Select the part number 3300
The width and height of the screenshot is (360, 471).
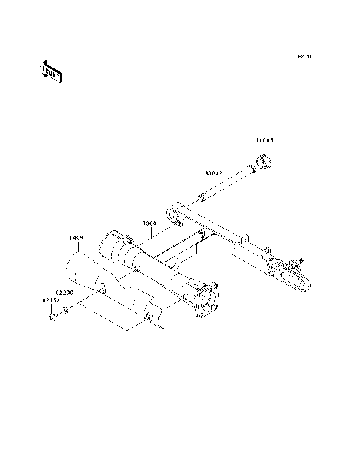[149, 223]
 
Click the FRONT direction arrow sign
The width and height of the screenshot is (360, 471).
[50, 70]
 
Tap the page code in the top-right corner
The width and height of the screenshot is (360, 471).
[304, 55]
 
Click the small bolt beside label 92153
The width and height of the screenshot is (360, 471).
[52, 317]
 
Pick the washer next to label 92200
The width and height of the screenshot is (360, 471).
[67, 310]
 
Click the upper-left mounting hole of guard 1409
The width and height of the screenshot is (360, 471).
[100, 288]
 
